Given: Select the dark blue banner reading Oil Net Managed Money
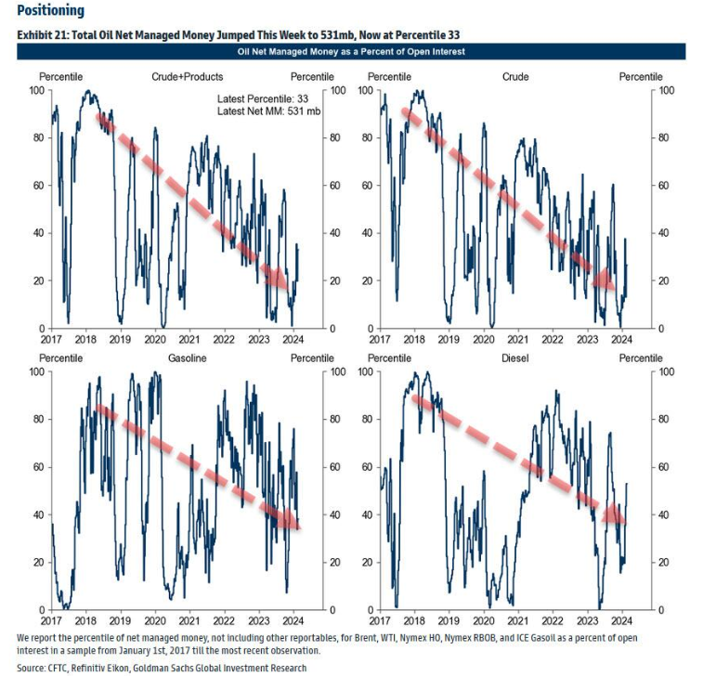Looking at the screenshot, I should click(x=351, y=52).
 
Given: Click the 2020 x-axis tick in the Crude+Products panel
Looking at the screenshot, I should click(x=156, y=339).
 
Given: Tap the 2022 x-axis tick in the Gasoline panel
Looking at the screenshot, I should click(x=225, y=620).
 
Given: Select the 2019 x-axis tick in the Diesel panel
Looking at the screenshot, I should click(x=449, y=620).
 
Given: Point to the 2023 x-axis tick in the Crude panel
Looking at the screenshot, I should click(x=587, y=339).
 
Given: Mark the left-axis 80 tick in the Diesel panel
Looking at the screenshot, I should click(x=367, y=420).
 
